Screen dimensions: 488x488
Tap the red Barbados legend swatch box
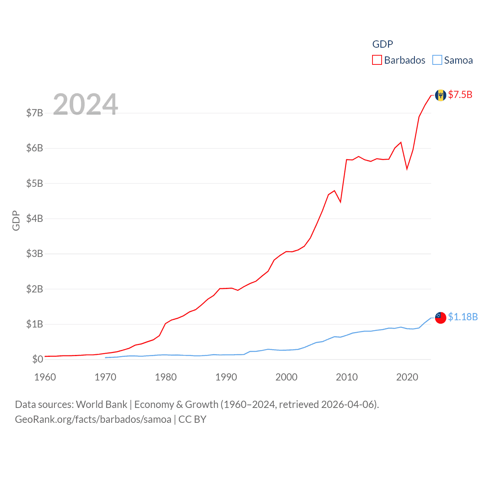coord(377,60)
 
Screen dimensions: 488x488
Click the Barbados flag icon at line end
coord(440,95)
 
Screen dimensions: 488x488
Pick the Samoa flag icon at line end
coord(440,318)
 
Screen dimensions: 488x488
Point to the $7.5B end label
coord(460,95)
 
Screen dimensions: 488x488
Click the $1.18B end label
coord(463,317)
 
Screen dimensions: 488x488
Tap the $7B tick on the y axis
coord(34,113)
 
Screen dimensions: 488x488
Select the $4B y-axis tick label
coord(34,218)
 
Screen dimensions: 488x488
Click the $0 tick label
coord(38,359)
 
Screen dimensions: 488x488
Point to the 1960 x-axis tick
coord(45,377)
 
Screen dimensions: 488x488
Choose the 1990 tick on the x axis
coord(226,377)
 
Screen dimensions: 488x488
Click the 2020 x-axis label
coord(407,377)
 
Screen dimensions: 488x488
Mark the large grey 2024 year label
coord(85,104)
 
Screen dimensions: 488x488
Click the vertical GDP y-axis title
coord(16,220)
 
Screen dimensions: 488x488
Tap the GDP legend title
coord(382,44)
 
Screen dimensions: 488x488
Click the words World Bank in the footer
coord(101,404)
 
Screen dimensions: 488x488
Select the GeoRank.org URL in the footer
coord(93,419)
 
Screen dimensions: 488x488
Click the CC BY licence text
coord(192,419)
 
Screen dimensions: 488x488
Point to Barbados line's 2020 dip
coord(407,169)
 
